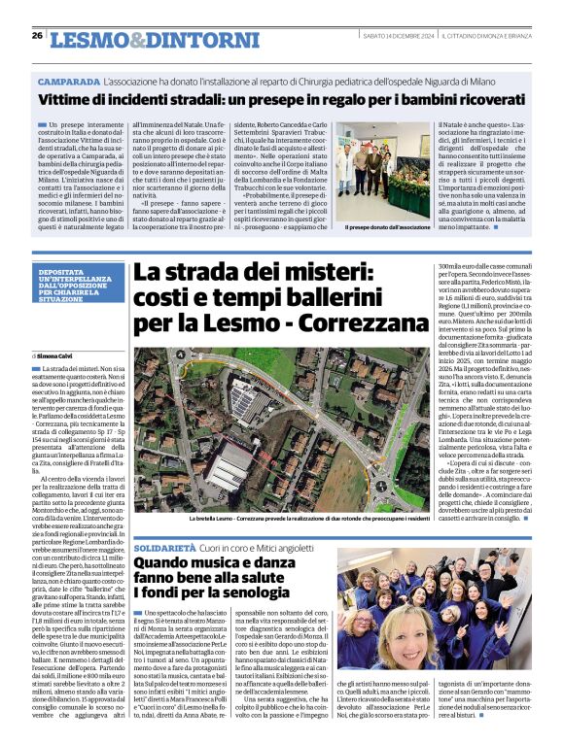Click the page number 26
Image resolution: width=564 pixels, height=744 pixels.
(36, 35)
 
